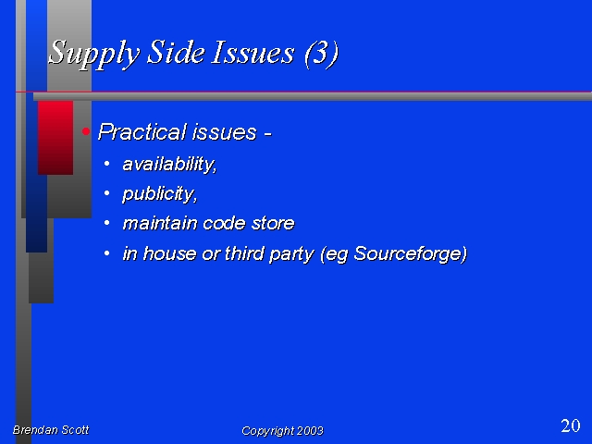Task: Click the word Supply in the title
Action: coord(94,54)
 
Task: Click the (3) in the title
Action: coord(321,54)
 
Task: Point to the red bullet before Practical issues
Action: coord(86,131)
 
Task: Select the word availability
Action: coord(169,165)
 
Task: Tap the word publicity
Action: coord(160,194)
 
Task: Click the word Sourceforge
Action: coord(411,253)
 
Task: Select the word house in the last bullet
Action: coord(169,253)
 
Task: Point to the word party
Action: coord(291,254)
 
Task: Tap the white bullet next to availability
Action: coord(107,164)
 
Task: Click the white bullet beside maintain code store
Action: coord(107,223)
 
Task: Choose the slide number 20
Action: coord(571,425)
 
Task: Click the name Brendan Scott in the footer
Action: coord(51,429)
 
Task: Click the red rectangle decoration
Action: coord(55,138)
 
